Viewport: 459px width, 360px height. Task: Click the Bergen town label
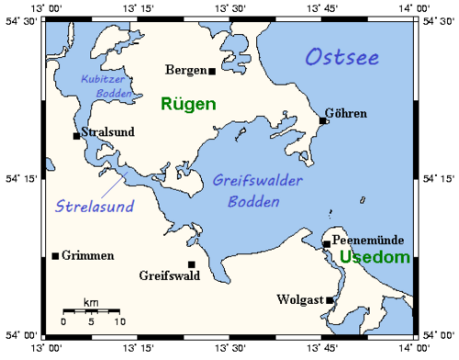coord(185,70)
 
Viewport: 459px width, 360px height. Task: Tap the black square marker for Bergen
coord(212,71)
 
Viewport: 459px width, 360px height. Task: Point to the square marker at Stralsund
coord(76,136)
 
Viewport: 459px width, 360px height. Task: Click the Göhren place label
coord(346,114)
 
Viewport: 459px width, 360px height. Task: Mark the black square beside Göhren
coord(323,120)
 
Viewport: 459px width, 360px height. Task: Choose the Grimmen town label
coord(89,255)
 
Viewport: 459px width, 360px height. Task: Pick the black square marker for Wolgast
coord(330,300)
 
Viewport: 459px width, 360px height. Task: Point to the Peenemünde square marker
coord(327,243)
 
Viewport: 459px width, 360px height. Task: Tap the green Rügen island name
coord(188,104)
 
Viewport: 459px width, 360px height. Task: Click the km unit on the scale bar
coord(90,302)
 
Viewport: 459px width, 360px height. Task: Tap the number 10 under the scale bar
coord(118,322)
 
